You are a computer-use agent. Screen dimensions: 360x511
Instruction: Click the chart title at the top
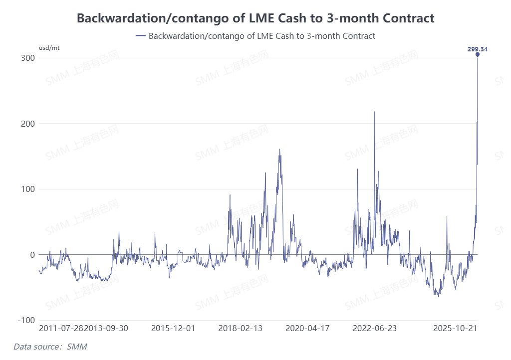255,18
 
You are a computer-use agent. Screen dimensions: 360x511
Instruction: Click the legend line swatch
140,36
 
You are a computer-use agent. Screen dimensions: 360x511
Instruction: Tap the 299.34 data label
477,49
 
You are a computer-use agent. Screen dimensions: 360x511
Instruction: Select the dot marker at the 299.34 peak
478,55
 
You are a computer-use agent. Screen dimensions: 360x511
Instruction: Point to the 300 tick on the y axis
28,58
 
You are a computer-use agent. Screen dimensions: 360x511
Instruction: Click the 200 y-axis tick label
28,124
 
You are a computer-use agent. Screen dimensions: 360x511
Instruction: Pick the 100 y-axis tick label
28,189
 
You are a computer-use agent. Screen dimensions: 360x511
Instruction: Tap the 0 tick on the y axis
32,255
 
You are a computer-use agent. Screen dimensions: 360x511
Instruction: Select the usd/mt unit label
49,48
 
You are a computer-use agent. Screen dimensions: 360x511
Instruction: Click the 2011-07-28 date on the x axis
61,328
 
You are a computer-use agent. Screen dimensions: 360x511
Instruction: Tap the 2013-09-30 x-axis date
106,328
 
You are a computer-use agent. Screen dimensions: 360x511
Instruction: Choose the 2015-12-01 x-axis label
173,328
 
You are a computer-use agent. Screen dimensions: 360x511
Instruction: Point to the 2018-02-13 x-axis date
241,328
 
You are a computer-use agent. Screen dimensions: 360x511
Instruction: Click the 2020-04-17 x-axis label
307,328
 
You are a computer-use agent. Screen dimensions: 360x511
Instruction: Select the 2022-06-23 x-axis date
375,328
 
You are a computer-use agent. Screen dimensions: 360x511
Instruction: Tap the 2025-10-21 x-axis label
456,328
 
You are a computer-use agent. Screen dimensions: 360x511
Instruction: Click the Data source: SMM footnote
50,347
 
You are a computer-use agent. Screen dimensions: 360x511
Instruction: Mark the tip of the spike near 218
375,112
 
